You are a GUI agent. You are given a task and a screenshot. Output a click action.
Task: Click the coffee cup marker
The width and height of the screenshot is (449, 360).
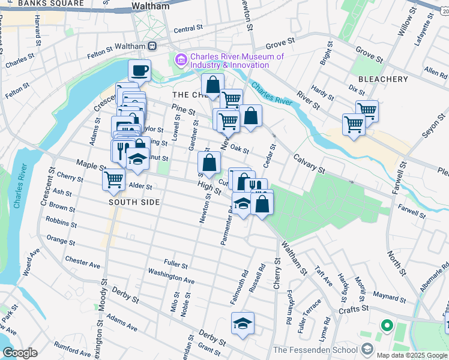click(139, 71)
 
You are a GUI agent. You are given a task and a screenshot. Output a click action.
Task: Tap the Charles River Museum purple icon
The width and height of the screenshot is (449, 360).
click(180, 61)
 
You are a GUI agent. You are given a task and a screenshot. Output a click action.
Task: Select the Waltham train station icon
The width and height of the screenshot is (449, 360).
click(153, 46)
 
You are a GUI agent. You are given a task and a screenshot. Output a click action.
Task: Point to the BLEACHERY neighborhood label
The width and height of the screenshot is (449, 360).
click(383, 79)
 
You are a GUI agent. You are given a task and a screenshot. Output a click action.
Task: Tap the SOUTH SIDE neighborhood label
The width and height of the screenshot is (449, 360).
click(134, 202)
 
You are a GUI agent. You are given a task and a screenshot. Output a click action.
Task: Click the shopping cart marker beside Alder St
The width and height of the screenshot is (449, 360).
click(113, 179)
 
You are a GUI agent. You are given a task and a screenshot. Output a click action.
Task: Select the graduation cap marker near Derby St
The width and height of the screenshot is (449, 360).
click(243, 323)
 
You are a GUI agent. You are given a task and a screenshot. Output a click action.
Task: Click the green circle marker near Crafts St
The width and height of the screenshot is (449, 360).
click(387, 327)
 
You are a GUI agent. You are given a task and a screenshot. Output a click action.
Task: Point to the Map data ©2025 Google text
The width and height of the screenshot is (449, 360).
click(412, 355)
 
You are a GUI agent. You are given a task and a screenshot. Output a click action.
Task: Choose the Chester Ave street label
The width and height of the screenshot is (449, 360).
click(83, 263)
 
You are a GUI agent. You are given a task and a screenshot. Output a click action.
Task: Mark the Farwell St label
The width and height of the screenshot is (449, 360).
click(411, 211)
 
